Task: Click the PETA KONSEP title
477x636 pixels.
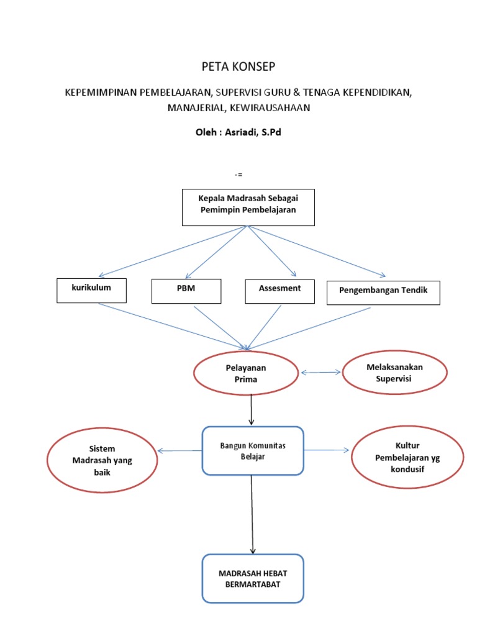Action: (238, 67)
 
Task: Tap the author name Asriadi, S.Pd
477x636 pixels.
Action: (256, 132)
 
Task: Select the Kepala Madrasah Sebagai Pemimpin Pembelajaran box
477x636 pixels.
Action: (248, 207)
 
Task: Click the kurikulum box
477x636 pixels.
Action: (92, 290)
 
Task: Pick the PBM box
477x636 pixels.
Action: (186, 291)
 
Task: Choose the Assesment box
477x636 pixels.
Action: (279, 291)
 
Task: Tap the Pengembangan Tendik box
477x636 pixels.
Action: (383, 292)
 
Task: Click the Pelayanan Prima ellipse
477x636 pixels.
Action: (246, 373)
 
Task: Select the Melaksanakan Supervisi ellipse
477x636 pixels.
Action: (394, 373)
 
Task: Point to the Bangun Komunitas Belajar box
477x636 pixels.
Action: (252, 451)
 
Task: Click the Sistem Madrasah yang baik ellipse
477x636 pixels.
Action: (102, 460)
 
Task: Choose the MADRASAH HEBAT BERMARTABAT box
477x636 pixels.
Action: (253, 578)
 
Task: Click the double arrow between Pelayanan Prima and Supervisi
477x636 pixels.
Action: (321, 373)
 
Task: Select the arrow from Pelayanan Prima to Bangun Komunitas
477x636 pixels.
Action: (251, 410)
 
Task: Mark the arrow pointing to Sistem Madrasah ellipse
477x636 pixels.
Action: (180, 450)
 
